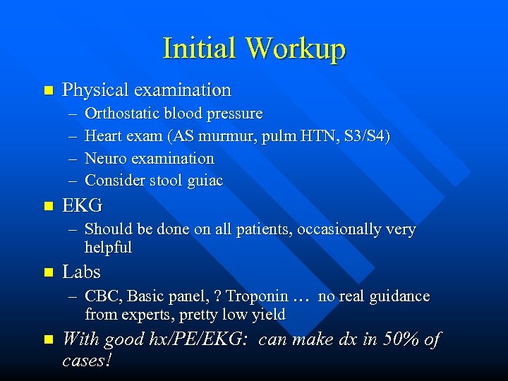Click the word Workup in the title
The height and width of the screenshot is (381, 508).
click(296, 49)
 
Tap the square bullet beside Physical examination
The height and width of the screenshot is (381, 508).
click(48, 90)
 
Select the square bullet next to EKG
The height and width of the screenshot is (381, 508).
click(48, 207)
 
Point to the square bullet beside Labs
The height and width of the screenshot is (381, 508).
click(48, 272)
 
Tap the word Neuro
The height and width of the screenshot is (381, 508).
click(104, 159)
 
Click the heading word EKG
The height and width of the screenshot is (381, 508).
click(83, 206)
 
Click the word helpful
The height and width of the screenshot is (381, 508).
click(109, 248)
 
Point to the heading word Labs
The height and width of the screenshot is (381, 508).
click(82, 272)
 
